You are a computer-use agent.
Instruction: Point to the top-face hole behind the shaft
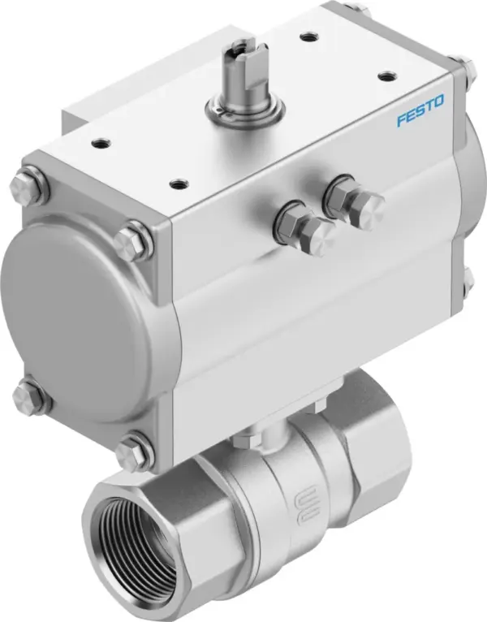point(308,37)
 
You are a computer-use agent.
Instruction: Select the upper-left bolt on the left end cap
point(28,184)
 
